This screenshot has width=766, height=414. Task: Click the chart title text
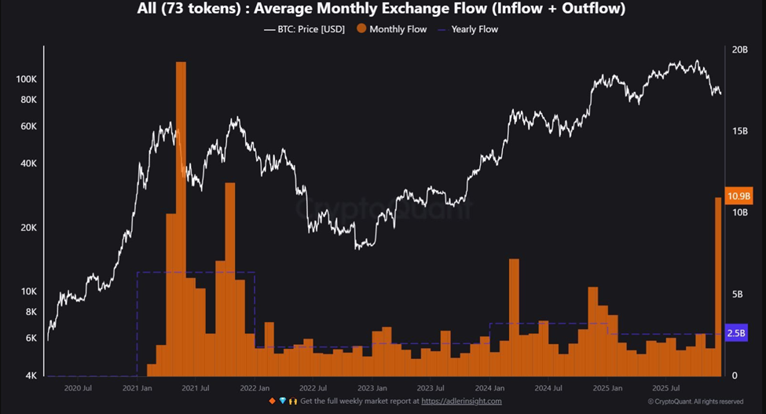pyautogui.click(x=383, y=9)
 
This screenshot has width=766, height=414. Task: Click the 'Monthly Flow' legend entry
pyautogui.click(x=393, y=29)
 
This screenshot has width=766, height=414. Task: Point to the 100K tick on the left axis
pyautogui.click(x=26, y=80)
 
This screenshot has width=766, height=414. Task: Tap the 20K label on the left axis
pyautogui.click(x=27, y=228)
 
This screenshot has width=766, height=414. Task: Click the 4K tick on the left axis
pyautogui.click(x=31, y=376)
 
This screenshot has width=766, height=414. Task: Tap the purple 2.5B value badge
pyautogui.click(x=737, y=333)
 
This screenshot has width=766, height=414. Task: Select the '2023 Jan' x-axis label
pyautogui.click(x=371, y=388)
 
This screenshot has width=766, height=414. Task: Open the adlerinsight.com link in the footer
pyautogui.click(x=461, y=401)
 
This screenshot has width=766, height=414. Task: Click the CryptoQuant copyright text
pyautogui.click(x=695, y=401)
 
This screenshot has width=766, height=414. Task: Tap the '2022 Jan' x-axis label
pyautogui.click(x=255, y=388)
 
